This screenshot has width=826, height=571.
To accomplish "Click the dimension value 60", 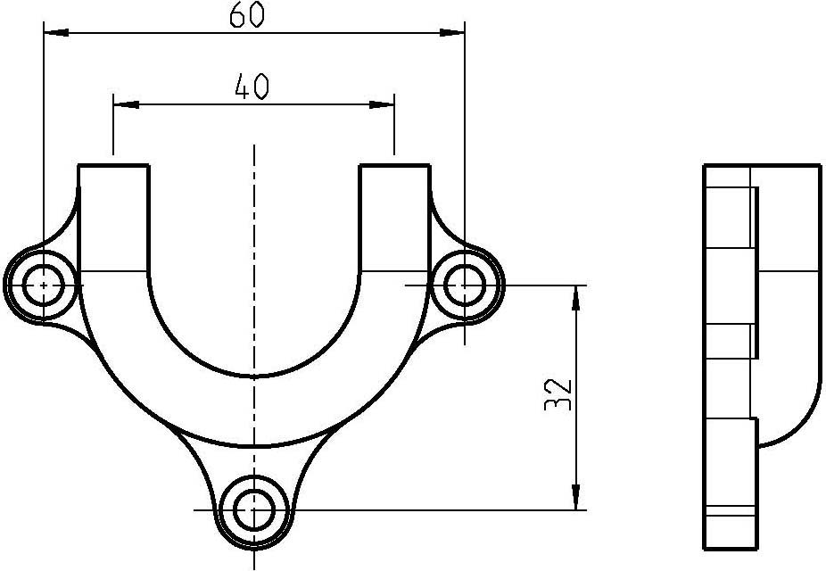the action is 246,15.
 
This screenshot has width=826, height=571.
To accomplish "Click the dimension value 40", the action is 252,87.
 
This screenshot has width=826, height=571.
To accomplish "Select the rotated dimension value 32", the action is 558,395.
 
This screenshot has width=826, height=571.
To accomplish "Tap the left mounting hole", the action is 44,285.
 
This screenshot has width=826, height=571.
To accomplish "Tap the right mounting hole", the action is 464,285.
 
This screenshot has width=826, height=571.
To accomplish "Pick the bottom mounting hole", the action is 254,510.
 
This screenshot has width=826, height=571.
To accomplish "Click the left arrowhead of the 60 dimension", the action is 56,33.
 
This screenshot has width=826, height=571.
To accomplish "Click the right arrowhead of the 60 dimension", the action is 452,33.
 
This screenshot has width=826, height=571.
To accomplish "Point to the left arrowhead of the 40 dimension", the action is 127,104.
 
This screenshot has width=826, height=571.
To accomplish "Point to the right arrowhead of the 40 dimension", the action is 382,104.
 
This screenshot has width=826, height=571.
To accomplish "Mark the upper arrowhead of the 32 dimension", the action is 576,298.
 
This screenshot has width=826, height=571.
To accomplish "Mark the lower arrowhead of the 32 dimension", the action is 576,497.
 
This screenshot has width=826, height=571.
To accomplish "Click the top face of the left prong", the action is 114,165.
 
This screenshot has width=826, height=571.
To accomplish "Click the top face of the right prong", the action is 394,165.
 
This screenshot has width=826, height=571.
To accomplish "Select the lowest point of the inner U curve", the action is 254,377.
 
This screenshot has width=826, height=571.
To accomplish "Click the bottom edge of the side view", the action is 731,550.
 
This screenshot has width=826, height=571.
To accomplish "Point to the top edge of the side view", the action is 763,165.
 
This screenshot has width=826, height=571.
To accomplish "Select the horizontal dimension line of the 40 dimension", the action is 254,104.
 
